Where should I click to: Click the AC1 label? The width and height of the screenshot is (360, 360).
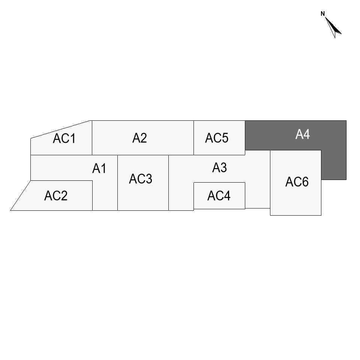pos(64,139)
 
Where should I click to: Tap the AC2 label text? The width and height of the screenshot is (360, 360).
pos(56,196)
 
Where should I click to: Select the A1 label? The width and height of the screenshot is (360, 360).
pos(99,169)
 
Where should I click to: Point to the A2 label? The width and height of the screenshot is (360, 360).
pos(139,138)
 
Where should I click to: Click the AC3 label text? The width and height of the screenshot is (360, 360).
pos(141,179)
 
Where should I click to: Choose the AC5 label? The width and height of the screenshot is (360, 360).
pos(216,138)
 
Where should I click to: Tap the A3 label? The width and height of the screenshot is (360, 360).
pos(219,168)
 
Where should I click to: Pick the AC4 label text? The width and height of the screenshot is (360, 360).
pos(219,196)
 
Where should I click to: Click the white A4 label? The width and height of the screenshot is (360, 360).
pos(303,134)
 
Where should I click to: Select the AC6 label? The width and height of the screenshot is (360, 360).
pos(297,182)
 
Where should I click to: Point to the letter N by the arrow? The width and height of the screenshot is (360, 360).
pos(322,14)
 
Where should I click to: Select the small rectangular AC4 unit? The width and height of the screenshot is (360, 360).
pos(219,202)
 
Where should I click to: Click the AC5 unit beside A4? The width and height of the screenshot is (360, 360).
pos(219,148)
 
